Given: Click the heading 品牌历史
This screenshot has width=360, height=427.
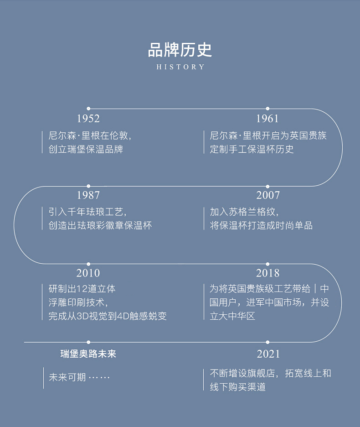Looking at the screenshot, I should tap(180, 50).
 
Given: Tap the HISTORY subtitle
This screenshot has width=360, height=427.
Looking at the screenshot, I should tap(180, 67).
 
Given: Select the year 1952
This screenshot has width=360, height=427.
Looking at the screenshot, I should tap(88, 119).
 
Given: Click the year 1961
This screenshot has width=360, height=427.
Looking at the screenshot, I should tap(267, 119).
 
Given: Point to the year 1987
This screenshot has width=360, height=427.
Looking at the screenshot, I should tap(88, 195).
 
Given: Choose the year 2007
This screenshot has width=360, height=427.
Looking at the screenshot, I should tap(267, 195).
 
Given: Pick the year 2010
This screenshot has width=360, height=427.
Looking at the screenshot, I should tap(88, 273).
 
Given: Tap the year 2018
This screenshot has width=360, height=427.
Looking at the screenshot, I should tap(267, 273).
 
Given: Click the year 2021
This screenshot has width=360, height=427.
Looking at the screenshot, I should tap(268, 354).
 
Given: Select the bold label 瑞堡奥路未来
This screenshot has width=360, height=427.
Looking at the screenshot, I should tap(88, 354).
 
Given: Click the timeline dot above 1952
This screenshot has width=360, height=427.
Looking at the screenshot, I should tap(88, 109).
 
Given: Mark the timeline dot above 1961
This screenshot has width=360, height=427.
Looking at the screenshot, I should tap(267, 109).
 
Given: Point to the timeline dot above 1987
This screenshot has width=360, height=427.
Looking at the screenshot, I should tap(88, 186).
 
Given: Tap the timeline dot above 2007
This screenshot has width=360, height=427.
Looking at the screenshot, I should tap(267, 186).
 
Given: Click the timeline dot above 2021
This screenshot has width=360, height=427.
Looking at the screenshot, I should tap(267, 342).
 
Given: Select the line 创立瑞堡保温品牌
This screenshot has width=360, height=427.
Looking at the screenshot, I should tap(86, 149).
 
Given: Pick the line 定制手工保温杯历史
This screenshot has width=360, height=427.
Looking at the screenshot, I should tap(252, 149).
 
